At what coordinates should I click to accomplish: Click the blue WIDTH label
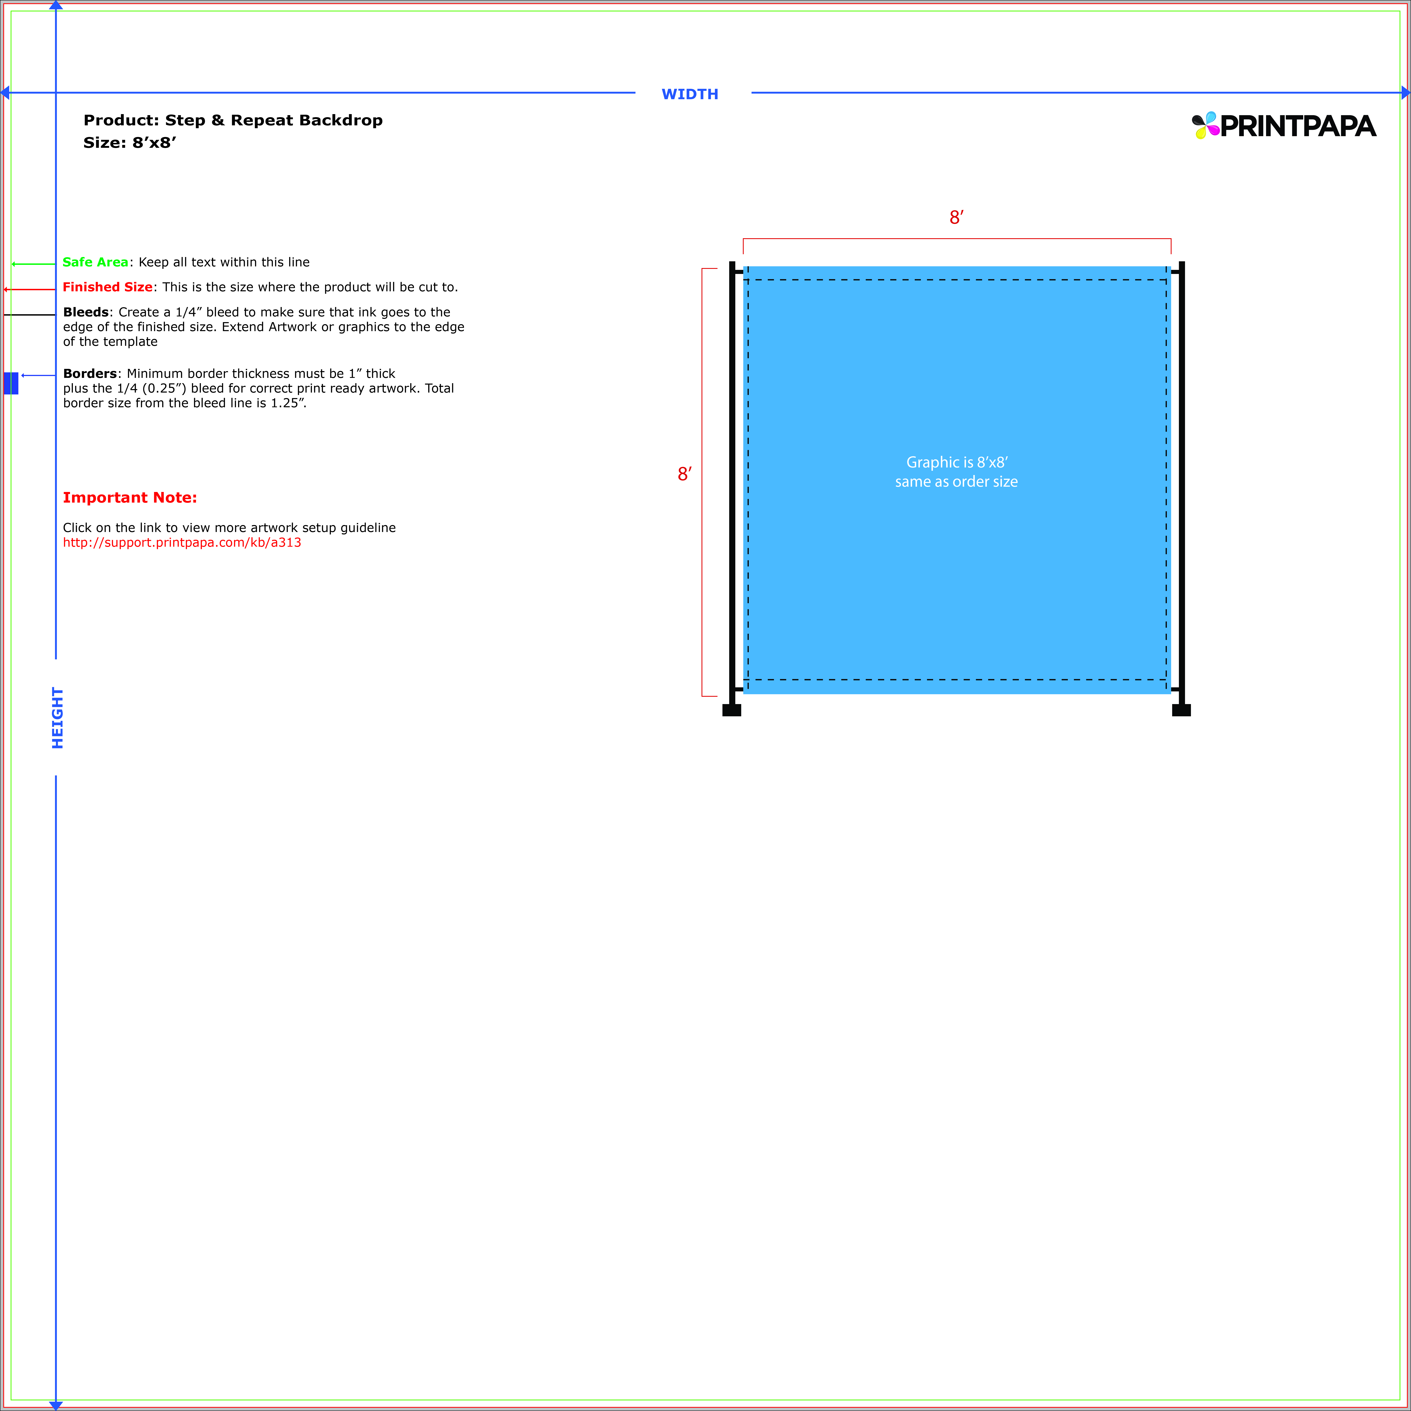[x=689, y=94]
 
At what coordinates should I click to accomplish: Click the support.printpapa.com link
[x=182, y=543]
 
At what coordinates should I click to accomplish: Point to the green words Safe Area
[x=95, y=262]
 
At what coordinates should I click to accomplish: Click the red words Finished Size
[x=107, y=287]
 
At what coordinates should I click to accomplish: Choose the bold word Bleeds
[x=86, y=312]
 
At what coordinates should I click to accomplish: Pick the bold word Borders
[x=89, y=373]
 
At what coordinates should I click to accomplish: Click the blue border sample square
[x=11, y=383]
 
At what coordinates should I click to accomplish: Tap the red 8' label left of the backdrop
[x=684, y=474]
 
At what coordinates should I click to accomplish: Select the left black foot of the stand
[x=732, y=710]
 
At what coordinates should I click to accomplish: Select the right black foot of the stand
[x=1181, y=710]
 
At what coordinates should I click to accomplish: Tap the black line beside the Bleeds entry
[x=29, y=315]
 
